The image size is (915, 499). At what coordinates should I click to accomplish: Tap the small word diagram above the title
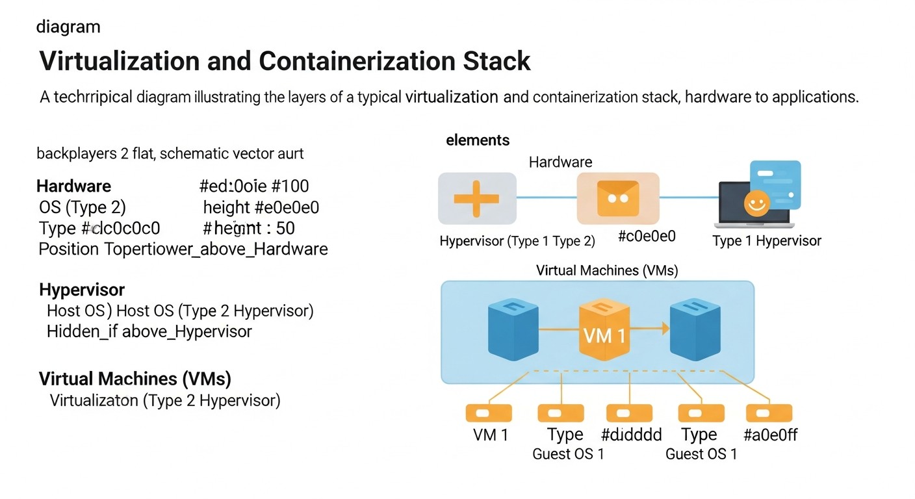point(68,27)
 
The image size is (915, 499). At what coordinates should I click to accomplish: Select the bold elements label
point(478,140)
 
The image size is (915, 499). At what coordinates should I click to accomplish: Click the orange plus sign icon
point(476,198)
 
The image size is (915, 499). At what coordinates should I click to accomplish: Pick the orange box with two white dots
point(617,198)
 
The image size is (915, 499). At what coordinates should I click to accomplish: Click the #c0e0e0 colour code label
point(647,237)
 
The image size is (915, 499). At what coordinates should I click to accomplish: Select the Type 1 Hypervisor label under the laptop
point(767,241)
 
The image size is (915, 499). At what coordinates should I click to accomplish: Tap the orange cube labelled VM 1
point(604,331)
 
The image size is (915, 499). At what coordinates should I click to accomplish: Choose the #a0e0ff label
point(770,435)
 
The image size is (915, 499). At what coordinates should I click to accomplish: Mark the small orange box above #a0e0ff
point(769,413)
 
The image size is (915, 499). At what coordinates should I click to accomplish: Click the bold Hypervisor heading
point(82,290)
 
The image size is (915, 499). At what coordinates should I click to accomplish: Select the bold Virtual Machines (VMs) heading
point(135,379)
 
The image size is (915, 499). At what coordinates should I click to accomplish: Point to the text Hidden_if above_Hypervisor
point(149,331)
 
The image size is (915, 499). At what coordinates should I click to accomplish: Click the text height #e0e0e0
point(261,207)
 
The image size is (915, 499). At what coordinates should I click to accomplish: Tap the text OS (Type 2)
point(83,207)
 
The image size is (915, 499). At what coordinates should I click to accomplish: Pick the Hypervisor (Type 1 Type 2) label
point(517,241)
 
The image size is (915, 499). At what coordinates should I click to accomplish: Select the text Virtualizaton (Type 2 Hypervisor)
point(165,400)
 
